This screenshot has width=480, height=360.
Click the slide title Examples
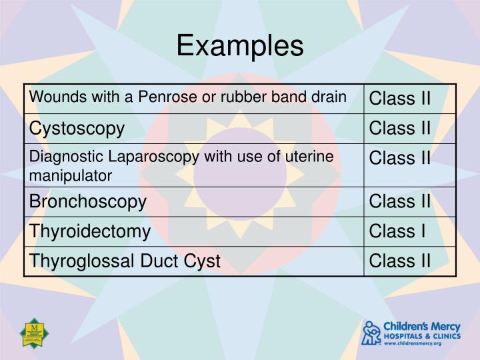pyautogui.click(x=240, y=46)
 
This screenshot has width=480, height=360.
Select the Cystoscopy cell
pyautogui.click(x=76, y=128)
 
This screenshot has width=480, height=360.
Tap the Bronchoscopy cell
pyautogui.click(x=87, y=201)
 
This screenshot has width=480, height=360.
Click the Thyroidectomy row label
pyautogui.click(x=89, y=231)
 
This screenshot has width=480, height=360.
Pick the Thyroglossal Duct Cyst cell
pyautogui.click(x=124, y=260)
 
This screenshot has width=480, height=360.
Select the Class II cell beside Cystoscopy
pyautogui.click(x=400, y=128)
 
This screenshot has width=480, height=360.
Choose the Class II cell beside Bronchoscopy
pyautogui.click(x=400, y=201)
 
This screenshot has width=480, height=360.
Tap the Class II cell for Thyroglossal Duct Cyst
pyautogui.click(x=400, y=260)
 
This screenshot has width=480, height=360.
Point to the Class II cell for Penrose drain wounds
pyautogui.click(x=400, y=99)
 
